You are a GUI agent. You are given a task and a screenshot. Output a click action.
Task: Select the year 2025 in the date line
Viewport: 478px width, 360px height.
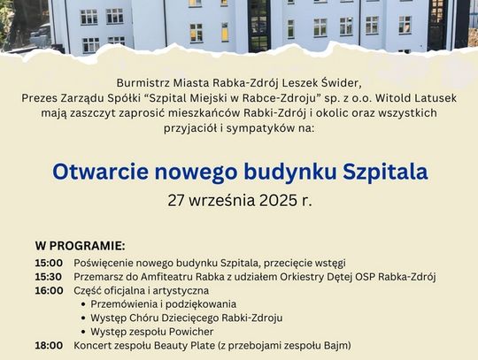278,201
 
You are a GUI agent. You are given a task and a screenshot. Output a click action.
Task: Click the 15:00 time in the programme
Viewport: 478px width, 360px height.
49,263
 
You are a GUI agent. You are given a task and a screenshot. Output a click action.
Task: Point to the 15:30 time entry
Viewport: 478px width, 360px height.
49,277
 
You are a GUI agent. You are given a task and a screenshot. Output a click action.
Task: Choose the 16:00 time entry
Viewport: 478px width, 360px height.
49,290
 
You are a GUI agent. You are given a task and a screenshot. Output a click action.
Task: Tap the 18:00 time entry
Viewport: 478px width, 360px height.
49,346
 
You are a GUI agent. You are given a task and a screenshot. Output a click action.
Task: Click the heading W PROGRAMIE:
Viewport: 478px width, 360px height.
81,246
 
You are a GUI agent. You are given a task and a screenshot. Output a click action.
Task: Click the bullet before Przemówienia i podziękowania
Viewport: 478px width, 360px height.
83,304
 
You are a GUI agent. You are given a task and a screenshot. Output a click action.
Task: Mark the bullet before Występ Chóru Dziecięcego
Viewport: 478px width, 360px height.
83,318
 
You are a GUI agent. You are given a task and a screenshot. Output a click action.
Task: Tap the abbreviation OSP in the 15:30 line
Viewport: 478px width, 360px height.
367,277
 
